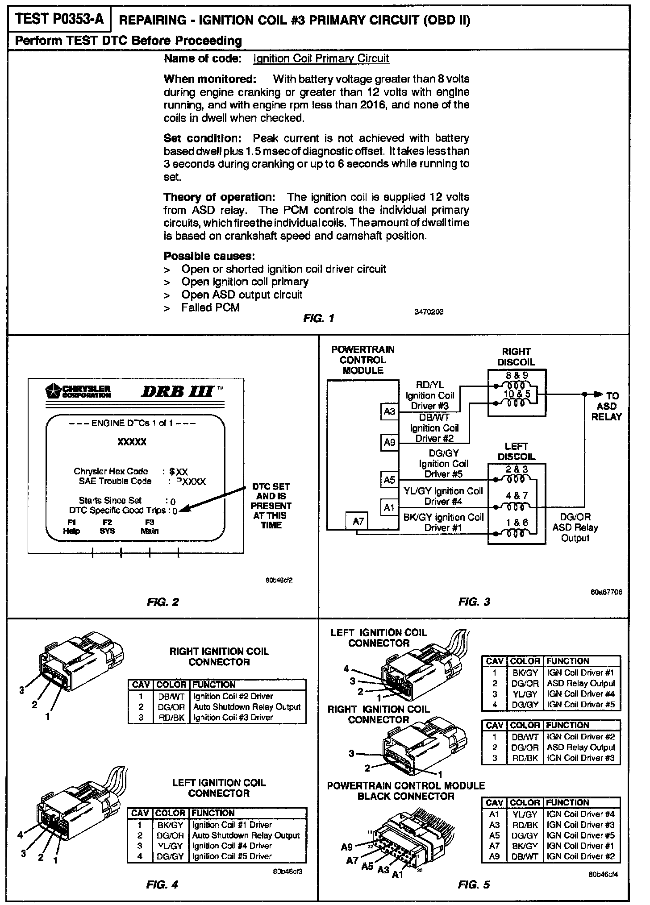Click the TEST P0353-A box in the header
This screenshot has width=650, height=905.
click(59, 19)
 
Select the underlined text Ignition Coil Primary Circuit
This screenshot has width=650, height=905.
click(321, 58)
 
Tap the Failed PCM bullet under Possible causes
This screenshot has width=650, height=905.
click(210, 307)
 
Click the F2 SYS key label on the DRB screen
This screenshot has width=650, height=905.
click(107, 527)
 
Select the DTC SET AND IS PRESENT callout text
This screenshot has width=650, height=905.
click(271, 506)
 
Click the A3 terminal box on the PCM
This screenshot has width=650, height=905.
click(389, 411)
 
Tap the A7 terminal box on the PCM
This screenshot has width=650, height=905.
click(358, 521)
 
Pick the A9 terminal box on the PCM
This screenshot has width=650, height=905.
click(389, 442)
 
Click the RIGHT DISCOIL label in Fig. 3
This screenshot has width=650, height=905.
click(516, 357)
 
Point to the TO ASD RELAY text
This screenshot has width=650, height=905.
click(607, 406)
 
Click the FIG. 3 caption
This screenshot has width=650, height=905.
click(474, 602)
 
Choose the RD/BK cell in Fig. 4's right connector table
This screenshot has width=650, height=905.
click(171, 717)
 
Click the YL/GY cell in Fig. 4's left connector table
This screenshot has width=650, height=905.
click(170, 846)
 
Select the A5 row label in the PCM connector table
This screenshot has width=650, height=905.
click(494, 835)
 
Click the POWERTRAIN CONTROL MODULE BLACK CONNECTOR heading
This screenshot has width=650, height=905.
click(406, 791)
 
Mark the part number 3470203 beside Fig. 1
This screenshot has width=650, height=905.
click(429, 312)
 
